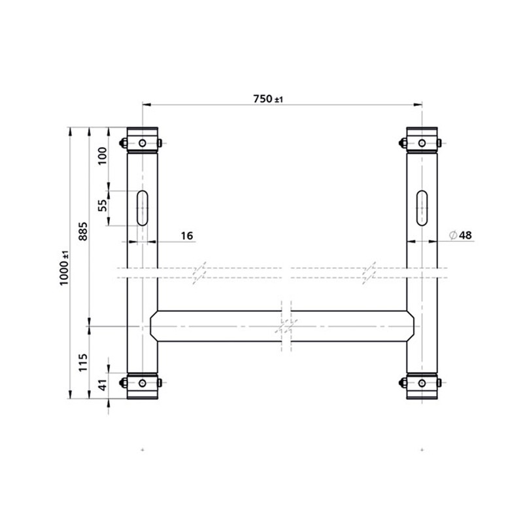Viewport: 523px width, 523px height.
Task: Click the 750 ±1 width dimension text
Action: point(267,99)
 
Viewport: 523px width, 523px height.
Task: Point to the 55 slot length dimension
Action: point(102,207)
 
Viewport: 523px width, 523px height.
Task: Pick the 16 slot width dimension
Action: point(187,235)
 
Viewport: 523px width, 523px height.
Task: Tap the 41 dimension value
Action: point(101,386)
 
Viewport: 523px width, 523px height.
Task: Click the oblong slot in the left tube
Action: point(143,207)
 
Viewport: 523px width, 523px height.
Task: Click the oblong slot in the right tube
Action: point(422,207)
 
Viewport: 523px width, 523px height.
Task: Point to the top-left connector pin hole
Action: point(143,143)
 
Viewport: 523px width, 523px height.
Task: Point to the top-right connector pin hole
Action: point(422,143)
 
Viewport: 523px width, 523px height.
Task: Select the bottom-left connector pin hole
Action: point(143,382)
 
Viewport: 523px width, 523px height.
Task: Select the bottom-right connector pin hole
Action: point(422,382)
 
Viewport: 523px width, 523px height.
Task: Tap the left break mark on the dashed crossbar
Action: point(200,271)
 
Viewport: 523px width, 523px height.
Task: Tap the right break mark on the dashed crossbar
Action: point(370,271)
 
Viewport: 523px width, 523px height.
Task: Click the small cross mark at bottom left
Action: point(143,450)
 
